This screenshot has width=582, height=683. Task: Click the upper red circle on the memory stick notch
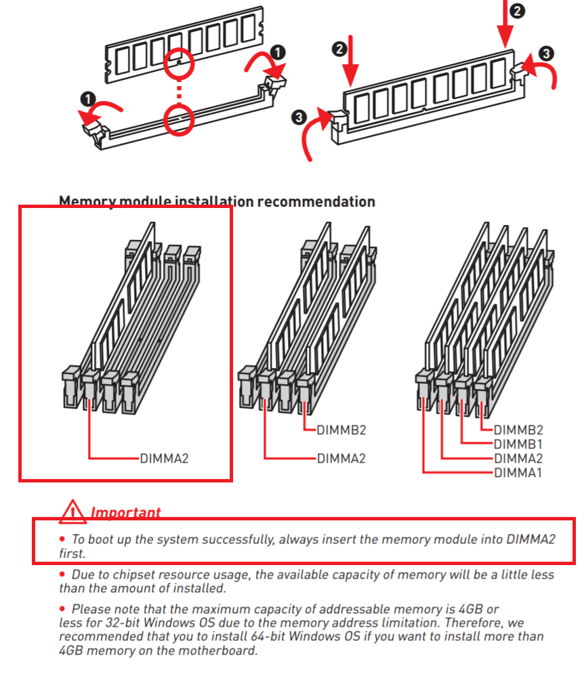click(179, 63)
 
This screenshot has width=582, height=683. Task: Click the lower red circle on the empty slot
click(180, 119)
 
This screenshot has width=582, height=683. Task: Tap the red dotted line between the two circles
click(180, 91)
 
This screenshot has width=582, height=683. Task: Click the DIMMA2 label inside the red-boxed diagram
click(164, 459)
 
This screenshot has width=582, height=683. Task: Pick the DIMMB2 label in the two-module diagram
click(341, 430)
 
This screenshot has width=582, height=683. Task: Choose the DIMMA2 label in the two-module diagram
click(341, 459)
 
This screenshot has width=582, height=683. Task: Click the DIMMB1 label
click(518, 444)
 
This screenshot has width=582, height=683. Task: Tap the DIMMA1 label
click(518, 472)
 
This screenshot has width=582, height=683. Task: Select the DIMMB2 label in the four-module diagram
click(518, 430)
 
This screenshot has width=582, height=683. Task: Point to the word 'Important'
click(126, 513)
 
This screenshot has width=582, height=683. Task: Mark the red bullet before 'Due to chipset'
click(62, 575)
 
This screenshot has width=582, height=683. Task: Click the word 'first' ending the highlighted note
click(71, 553)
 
